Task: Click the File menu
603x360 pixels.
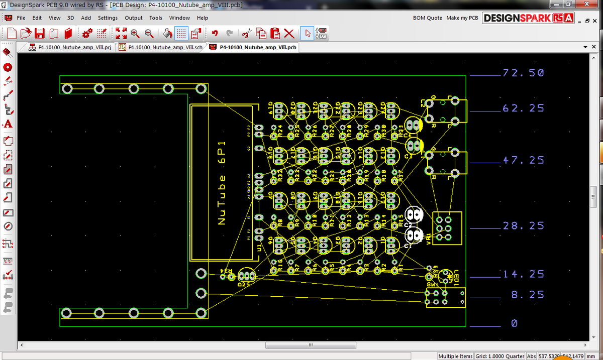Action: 21,18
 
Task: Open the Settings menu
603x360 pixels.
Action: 108,18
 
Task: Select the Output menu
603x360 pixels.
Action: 134,18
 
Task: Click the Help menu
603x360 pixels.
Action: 203,18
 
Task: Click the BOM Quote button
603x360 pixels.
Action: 427,18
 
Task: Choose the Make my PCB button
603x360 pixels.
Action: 462,18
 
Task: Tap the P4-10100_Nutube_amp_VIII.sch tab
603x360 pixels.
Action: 161,47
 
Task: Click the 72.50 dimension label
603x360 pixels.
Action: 523,73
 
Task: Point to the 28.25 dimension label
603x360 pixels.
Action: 523,226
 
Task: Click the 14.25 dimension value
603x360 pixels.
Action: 523,274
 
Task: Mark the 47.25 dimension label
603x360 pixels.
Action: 523,160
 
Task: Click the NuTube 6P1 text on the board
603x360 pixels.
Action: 222,183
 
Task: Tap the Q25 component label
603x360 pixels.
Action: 244,284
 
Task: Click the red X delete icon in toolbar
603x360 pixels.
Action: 289,34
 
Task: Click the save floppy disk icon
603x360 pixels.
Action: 40,34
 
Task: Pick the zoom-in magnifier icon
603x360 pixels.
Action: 135,34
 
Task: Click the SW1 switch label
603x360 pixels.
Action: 432,284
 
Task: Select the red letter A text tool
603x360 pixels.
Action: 8,124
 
